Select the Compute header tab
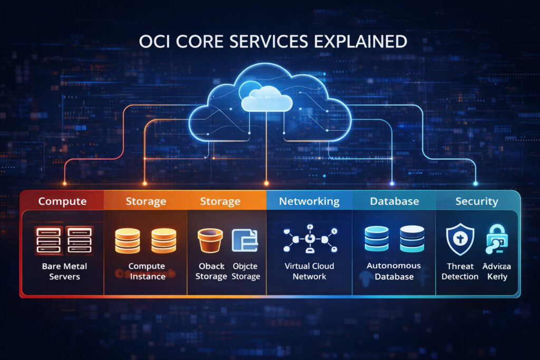click(62, 201)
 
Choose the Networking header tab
click(309, 201)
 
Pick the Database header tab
click(394, 201)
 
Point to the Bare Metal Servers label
click(64, 271)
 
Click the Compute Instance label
click(147, 271)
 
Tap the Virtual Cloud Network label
click(310, 271)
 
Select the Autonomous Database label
click(394, 271)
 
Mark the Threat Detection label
click(460, 271)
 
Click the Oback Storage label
click(211, 271)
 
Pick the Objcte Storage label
click(246, 271)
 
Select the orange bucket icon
click(210, 240)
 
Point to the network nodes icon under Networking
click(310, 240)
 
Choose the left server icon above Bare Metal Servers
click(49, 240)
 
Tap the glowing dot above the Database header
click(392, 183)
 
